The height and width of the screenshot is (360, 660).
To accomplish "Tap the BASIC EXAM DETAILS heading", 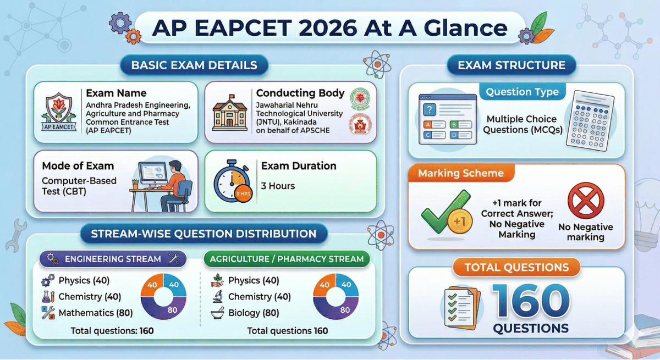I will (194, 65).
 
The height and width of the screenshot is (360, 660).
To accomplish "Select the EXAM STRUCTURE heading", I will (512, 65).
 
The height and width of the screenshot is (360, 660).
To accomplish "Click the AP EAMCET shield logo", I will (58, 113).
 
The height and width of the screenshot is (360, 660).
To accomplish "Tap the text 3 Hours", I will (278, 186).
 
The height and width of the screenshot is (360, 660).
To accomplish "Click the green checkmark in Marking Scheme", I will (443, 214).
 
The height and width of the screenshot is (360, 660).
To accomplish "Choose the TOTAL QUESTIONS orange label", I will (516, 268).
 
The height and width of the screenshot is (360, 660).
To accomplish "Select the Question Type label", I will (522, 92).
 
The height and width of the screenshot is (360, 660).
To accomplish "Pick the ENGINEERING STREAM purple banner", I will (113, 259).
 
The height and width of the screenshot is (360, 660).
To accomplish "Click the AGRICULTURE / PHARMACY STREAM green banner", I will (288, 259).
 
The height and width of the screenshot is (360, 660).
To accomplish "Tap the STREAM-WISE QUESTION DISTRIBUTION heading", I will (204, 234).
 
